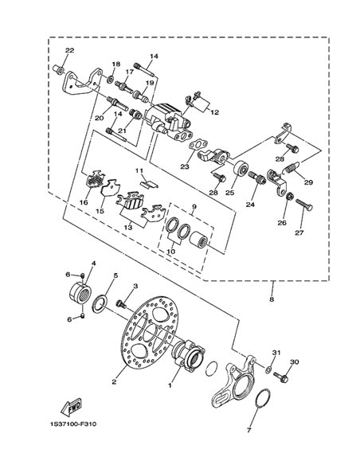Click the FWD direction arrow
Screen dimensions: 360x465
(x=71, y=407)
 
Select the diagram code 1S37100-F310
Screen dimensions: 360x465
(x=73, y=424)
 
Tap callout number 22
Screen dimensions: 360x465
(x=69, y=50)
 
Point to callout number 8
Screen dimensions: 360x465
(x=272, y=299)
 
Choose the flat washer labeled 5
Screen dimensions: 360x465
(x=100, y=303)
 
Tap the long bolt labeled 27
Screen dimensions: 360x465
(x=304, y=205)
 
